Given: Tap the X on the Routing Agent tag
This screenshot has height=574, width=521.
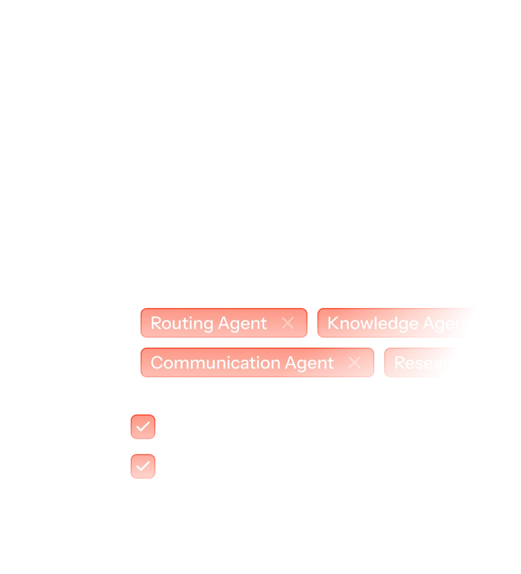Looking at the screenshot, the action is pos(288,323).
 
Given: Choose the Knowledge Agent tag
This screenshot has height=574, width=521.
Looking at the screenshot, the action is pos(396,323).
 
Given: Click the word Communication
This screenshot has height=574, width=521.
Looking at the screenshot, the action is pos(215,363).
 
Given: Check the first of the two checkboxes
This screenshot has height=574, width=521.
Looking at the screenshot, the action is pos(143,426).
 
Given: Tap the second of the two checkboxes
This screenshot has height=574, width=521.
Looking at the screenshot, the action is pos(143,466).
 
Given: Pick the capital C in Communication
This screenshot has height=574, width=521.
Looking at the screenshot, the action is pos(157,363).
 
